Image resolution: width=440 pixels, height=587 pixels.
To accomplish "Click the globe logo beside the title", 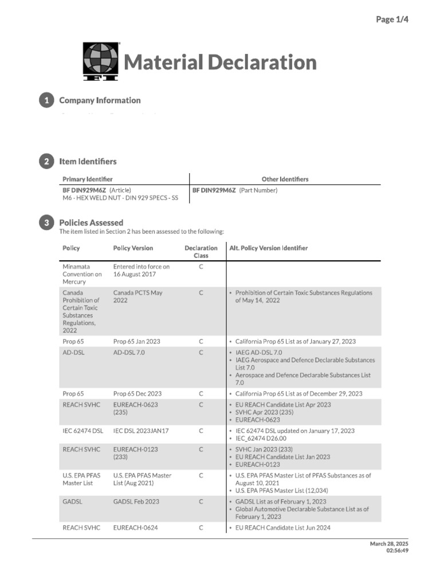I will (x=101, y=61).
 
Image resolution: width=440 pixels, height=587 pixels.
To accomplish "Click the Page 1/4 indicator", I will (x=392, y=19).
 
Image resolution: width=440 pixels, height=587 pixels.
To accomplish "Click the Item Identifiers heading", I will (x=88, y=162).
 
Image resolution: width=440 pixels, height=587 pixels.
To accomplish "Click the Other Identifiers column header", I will (x=285, y=179).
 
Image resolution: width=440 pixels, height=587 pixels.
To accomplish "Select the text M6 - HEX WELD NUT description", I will (x=120, y=198).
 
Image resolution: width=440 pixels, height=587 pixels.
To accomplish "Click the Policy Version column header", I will (x=133, y=248).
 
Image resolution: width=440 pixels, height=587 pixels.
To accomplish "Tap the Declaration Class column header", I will (x=201, y=252).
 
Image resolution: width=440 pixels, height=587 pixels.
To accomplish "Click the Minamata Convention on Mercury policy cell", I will (x=82, y=274).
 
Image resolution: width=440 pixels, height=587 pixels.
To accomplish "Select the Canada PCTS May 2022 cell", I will (x=137, y=296).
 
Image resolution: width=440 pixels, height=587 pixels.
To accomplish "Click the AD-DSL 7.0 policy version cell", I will (x=129, y=353).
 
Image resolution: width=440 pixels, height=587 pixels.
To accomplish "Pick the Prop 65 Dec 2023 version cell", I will (x=137, y=394).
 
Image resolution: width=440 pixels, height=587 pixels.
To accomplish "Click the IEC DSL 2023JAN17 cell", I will (x=140, y=431).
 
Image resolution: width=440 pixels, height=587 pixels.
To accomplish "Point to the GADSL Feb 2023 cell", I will (x=136, y=502).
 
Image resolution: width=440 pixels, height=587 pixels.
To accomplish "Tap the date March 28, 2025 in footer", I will (x=389, y=543).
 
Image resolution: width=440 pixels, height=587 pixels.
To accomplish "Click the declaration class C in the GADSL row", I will (x=201, y=502).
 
